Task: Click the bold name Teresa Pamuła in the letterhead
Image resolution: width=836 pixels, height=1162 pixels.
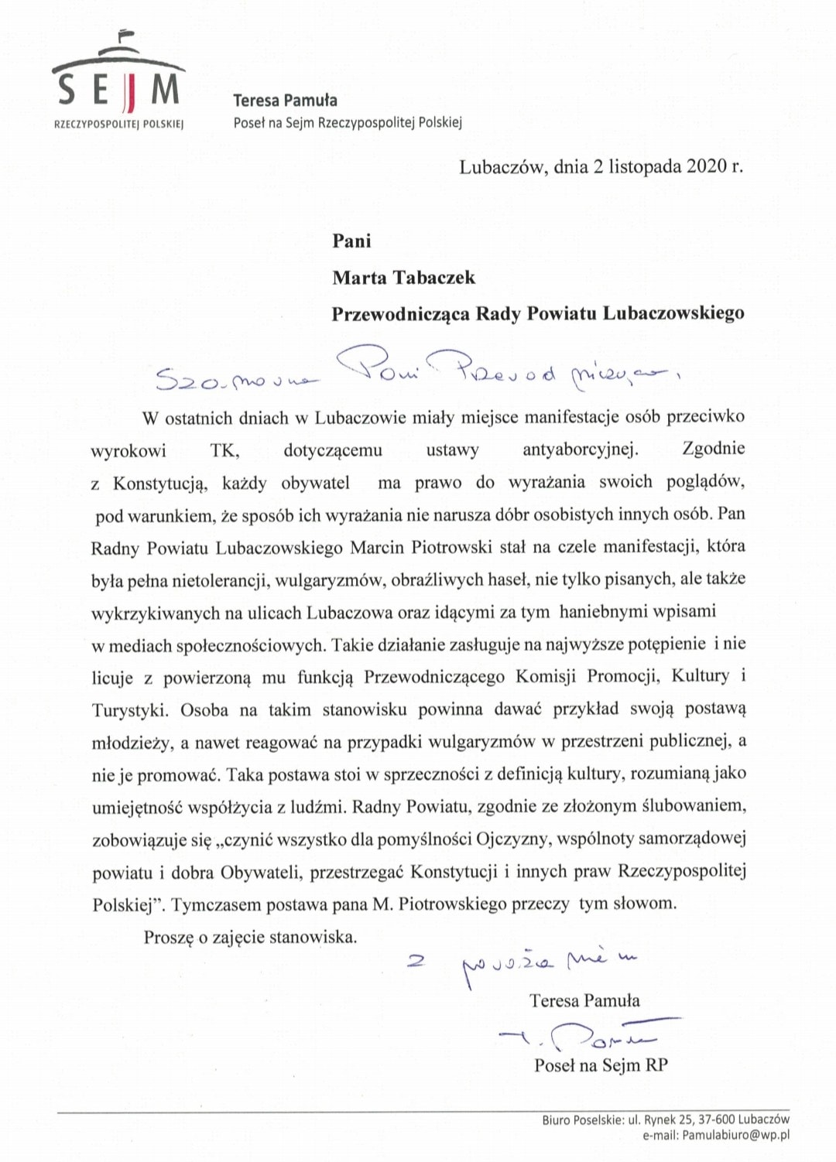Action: [285, 100]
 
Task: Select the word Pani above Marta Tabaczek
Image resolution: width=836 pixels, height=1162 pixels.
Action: [351, 241]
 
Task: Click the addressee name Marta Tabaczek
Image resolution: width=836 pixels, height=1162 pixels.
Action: [403, 277]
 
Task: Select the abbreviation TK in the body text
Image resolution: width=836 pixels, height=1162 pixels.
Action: [224, 449]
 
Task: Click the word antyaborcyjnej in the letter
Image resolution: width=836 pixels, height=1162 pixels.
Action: [581, 449]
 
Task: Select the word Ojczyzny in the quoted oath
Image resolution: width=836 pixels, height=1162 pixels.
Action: [518, 839]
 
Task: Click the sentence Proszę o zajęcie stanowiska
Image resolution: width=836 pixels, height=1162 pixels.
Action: [250, 937]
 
